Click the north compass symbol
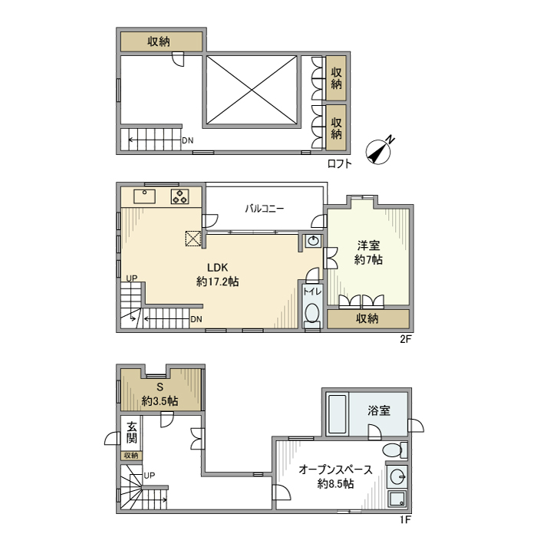click(378, 152)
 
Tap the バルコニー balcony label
click(265, 209)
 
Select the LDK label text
click(217, 267)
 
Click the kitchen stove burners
click(180, 196)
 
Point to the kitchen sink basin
click(144, 196)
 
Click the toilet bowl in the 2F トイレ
click(312, 313)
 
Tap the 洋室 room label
click(368, 245)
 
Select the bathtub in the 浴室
click(338, 414)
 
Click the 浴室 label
click(379, 410)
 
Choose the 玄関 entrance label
click(132, 432)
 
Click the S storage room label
click(160, 387)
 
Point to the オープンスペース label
click(335, 469)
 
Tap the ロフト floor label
click(339, 163)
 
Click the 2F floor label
click(405, 339)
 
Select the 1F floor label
click(405, 519)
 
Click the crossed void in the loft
click(252, 90)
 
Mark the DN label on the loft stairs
click(188, 140)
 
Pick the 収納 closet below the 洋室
click(368, 319)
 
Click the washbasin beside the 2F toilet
click(313, 241)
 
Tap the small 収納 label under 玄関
click(131, 456)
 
